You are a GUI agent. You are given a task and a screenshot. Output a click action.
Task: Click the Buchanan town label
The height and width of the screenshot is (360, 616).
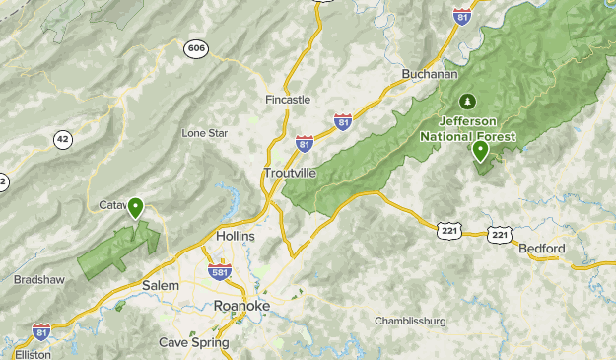tap(431, 74)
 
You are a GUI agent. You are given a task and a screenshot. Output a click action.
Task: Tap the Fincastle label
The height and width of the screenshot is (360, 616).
tap(288, 100)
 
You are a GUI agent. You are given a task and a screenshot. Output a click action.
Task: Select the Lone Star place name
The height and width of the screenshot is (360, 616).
tap(204, 132)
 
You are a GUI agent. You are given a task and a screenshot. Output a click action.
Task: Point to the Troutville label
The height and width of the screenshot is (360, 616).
tap(290, 173)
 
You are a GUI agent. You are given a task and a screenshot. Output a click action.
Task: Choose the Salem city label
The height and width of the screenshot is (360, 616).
tap(160, 285)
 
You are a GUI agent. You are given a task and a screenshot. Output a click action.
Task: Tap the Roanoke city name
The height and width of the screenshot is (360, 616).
tap(241, 306)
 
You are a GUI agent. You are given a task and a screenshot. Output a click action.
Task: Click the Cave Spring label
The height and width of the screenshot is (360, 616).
tap(194, 342)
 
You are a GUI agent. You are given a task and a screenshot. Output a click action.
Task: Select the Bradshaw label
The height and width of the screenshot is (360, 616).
tap(39, 279)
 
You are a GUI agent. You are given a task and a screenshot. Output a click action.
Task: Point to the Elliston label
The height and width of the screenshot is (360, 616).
tap(33, 354)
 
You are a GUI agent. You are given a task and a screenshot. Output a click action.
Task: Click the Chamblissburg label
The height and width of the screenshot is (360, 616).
tap(410, 321)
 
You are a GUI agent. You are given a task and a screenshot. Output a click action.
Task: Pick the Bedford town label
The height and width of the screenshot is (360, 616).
tap(542, 248)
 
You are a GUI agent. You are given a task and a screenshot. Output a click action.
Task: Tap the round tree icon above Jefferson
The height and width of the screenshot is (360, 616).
tap(467, 101)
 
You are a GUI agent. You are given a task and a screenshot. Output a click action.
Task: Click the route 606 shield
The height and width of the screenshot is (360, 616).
tap(194, 48)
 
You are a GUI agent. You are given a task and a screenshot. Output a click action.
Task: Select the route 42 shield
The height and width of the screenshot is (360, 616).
tap(63, 139)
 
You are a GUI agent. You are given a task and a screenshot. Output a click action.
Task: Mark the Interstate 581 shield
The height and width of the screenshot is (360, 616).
tap(220, 271)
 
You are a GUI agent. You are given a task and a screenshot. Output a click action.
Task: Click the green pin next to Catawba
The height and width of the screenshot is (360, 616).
tap(135, 207)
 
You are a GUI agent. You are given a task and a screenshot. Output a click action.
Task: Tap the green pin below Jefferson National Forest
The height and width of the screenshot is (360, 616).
tap(480, 151)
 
